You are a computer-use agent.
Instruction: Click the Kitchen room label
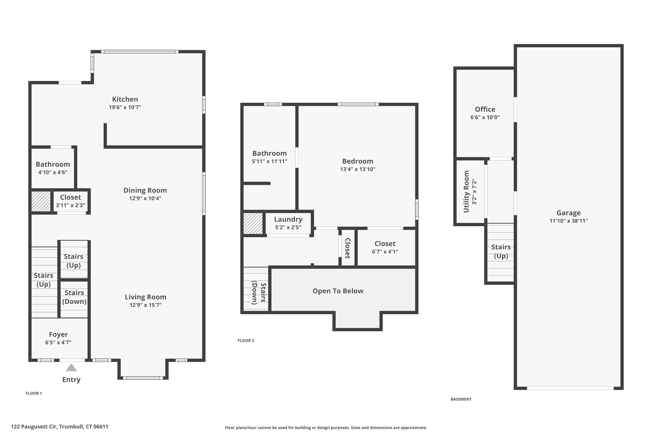click(125, 99)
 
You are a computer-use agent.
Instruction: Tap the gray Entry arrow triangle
click(71, 368)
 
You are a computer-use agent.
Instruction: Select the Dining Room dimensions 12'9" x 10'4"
click(145, 198)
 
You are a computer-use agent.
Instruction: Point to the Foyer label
click(58, 334)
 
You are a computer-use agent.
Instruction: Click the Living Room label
click(146, 297)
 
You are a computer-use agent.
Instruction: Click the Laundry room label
click(288, 219)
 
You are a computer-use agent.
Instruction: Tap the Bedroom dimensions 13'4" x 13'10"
click(358, 169)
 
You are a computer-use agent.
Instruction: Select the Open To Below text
click(338, 291)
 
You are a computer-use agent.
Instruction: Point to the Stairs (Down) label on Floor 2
click(259, 293)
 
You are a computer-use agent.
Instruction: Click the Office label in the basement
click(485, 109)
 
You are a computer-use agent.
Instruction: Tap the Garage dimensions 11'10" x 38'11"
click(569, 221)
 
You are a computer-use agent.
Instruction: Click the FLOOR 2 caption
click(246, 340)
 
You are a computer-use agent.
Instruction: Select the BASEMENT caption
click(461, 399)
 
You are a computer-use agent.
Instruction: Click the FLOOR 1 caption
click(34, 393)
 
